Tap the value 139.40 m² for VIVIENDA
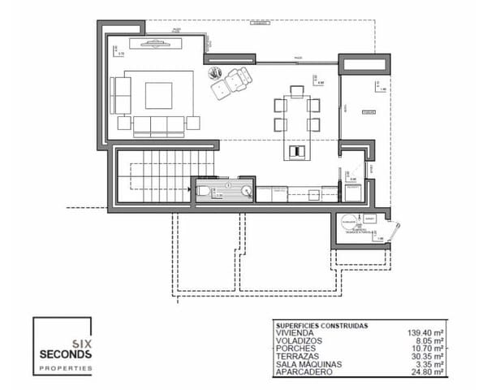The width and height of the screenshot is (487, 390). pos(425,333)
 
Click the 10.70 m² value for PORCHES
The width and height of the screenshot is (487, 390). pos(426,349)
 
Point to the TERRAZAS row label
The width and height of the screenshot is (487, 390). pos(297,356)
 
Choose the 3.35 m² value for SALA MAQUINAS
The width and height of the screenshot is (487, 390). pos(428,364)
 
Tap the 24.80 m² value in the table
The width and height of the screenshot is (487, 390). pos(426,371)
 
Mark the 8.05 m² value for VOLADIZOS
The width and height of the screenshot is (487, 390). pos(428,340)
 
